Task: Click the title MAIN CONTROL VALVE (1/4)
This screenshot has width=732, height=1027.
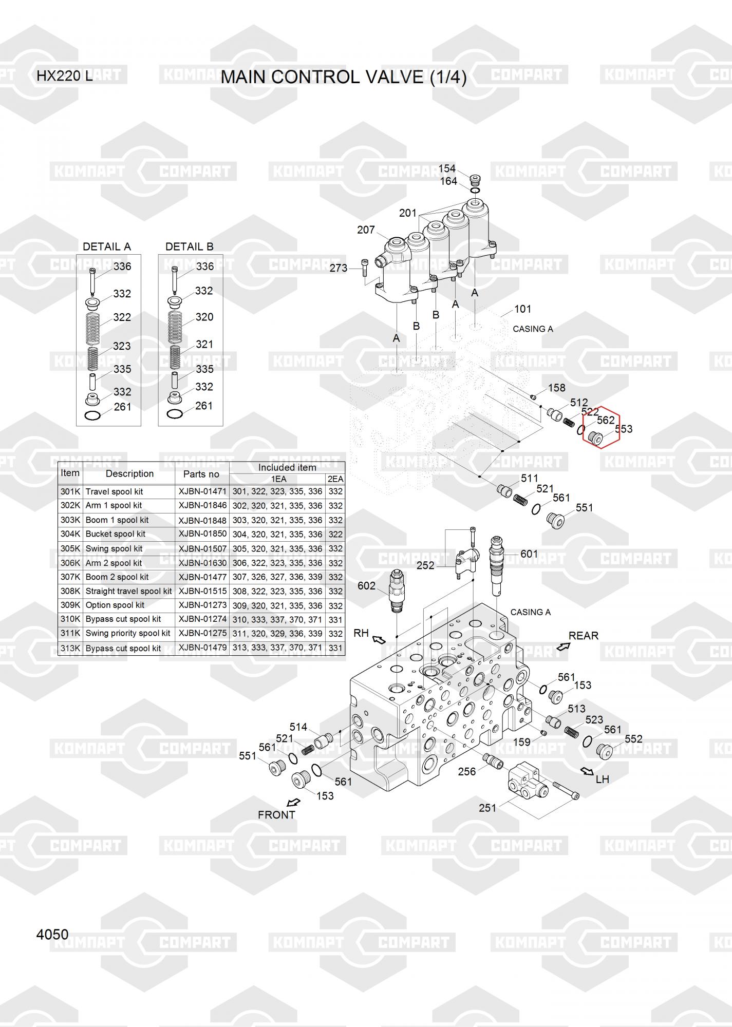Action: tap(343, 77)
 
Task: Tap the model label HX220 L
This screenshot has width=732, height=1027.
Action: tap(65, 76)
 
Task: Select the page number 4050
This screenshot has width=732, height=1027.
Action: tap(52, 934)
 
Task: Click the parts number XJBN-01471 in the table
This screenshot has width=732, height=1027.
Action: tap(202, 491)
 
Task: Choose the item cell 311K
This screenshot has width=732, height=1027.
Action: tap(70, 634)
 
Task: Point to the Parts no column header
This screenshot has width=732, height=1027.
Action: tap(201, 474)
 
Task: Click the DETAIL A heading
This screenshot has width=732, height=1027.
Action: tap(107, 246)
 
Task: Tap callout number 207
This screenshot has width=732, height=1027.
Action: tap(366, 230)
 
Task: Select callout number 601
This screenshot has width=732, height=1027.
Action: tap(529, 554)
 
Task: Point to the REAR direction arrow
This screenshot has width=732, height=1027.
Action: tap(563, 646)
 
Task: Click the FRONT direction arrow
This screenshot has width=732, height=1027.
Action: tap(293, 802)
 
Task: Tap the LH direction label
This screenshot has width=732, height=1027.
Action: tap(602, 779)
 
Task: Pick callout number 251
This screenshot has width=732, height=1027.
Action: tap(487, 808)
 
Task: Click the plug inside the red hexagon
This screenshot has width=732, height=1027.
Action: tap(596, 438)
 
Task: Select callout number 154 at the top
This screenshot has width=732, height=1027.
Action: tap(447, 169)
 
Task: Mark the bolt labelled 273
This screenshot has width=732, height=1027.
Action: tap(365, 268)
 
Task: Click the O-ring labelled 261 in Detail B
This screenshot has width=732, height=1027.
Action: tap(175, 414)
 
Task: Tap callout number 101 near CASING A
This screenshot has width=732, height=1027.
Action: tap(522, 309)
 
